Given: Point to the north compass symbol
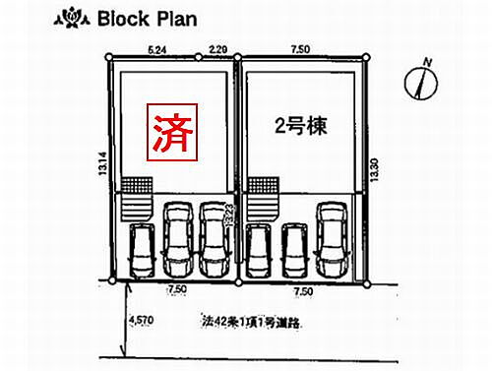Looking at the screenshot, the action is pyautogui.click(x=420, y=83).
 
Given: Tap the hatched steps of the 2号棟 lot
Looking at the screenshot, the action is pyautogui.click(x=264, y=187).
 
